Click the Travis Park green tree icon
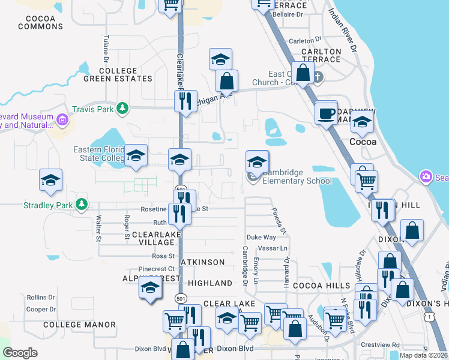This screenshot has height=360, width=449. click(x=122, y=109)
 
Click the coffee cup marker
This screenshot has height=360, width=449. click(x=327, y=112)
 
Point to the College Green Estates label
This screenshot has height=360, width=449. click(x=118, y=74)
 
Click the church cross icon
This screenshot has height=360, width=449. click(x=319, y=77)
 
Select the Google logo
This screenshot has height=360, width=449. click(x=20, y=353)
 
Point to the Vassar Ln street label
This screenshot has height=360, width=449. click(x=273, y=248)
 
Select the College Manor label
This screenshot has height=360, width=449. click(x=79, y=325)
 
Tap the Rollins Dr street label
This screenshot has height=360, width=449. click(x=41, y=298)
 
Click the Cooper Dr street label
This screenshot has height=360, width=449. click(x=41, y=310)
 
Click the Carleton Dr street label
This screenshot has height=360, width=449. click(x=301, y=41)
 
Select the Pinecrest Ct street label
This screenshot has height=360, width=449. click(x=156, y=269)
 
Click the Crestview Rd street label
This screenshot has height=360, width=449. click(x=381, y=345)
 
